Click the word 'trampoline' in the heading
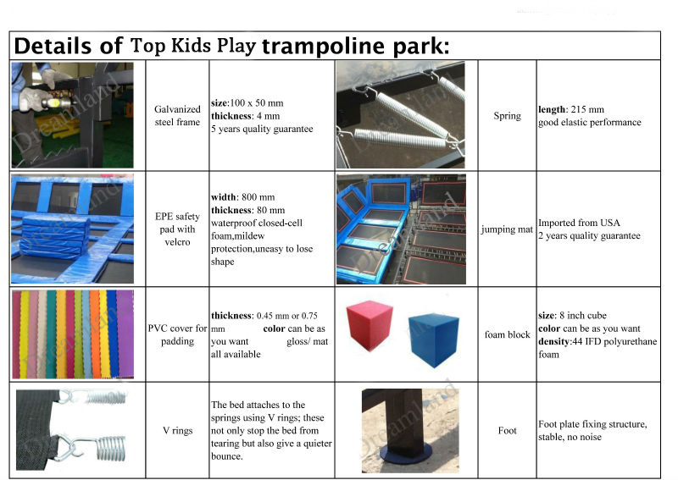point(323,47)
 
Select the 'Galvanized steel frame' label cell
point(177,116)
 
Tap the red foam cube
point(370,326)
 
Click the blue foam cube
point(433,339)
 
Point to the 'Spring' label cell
point(507,116)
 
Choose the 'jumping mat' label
point(507,229)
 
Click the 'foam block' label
point(507,334)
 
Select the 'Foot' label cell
point(507,430)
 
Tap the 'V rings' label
point(177,430)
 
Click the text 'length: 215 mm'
point(571,109)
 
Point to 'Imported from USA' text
point(579,223)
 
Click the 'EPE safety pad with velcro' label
point(177,229)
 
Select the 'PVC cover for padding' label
point(177,334)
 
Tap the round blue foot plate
point(405,454)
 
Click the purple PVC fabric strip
point(125,334)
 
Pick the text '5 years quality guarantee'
point(262,129)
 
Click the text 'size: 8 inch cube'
point(573,316)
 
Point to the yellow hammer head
point(55,103)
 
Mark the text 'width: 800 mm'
point(243,197)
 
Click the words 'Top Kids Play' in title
point(193,46)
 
